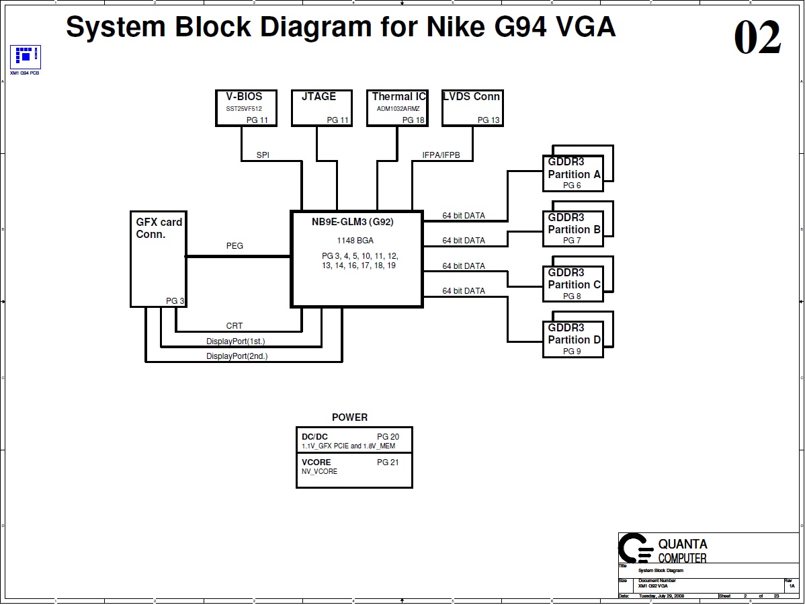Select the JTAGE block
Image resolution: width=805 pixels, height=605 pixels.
(319, 108)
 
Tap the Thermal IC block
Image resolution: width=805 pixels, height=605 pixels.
(398, 108)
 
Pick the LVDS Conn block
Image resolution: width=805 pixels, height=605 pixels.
(472, 108)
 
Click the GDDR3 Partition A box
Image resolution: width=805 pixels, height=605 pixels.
(573, 173)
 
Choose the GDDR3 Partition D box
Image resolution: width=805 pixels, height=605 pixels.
(573, 339)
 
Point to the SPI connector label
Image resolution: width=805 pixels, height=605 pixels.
(263, 155)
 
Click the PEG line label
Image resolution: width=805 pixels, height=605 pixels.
(235, 246)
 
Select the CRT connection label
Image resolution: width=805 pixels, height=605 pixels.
(235, 326)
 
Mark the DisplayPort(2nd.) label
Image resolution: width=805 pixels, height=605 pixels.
(237, 356)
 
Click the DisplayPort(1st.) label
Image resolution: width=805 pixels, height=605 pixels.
(235, 341)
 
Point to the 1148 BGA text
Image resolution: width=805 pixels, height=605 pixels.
(355, 240)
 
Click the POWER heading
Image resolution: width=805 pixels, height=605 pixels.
(349, 417)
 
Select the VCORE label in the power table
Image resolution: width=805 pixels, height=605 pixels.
(316, 462)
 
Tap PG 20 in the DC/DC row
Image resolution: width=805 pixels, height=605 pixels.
(388, 437)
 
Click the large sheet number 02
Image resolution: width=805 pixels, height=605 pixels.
(757, 38)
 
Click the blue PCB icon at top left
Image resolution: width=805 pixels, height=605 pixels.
(26, 56)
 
